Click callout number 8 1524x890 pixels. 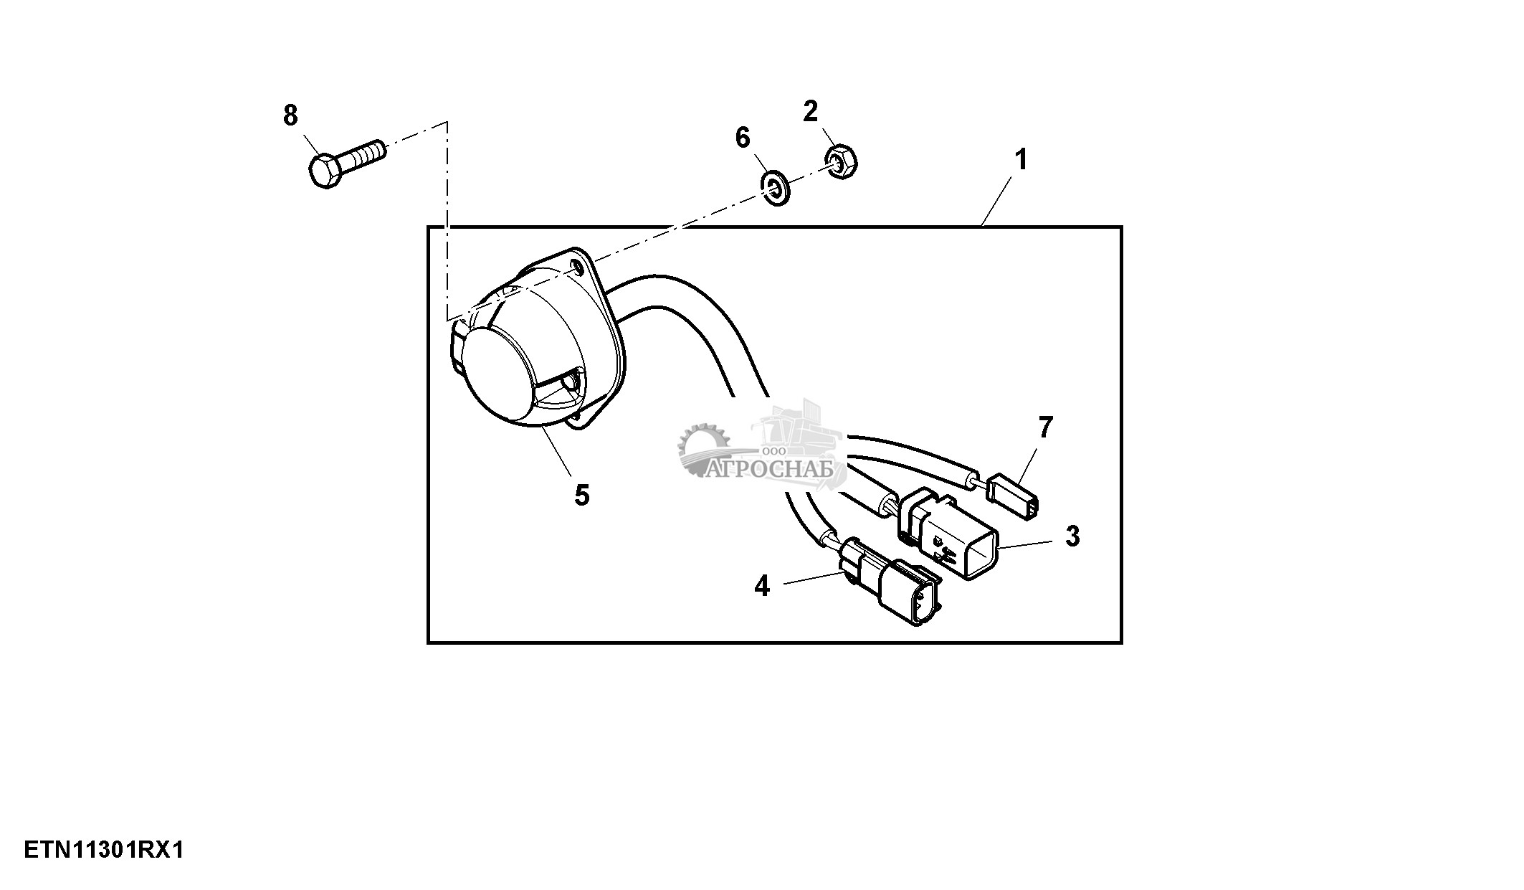(290, 115)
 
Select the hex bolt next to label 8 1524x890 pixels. (347, 163)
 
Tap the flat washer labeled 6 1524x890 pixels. (775, 186)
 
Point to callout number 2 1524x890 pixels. (810, 112)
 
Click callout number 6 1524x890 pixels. (743, 137)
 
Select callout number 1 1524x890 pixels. (1021, 159)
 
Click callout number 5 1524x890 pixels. (582, 495)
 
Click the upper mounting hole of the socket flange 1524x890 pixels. (578, 268)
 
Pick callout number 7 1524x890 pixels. (1046, 428)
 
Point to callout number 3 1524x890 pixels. (1072, 536)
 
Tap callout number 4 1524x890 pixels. (761, 587)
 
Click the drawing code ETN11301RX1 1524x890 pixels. (104, 851)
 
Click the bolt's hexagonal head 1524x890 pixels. (325, 170)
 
